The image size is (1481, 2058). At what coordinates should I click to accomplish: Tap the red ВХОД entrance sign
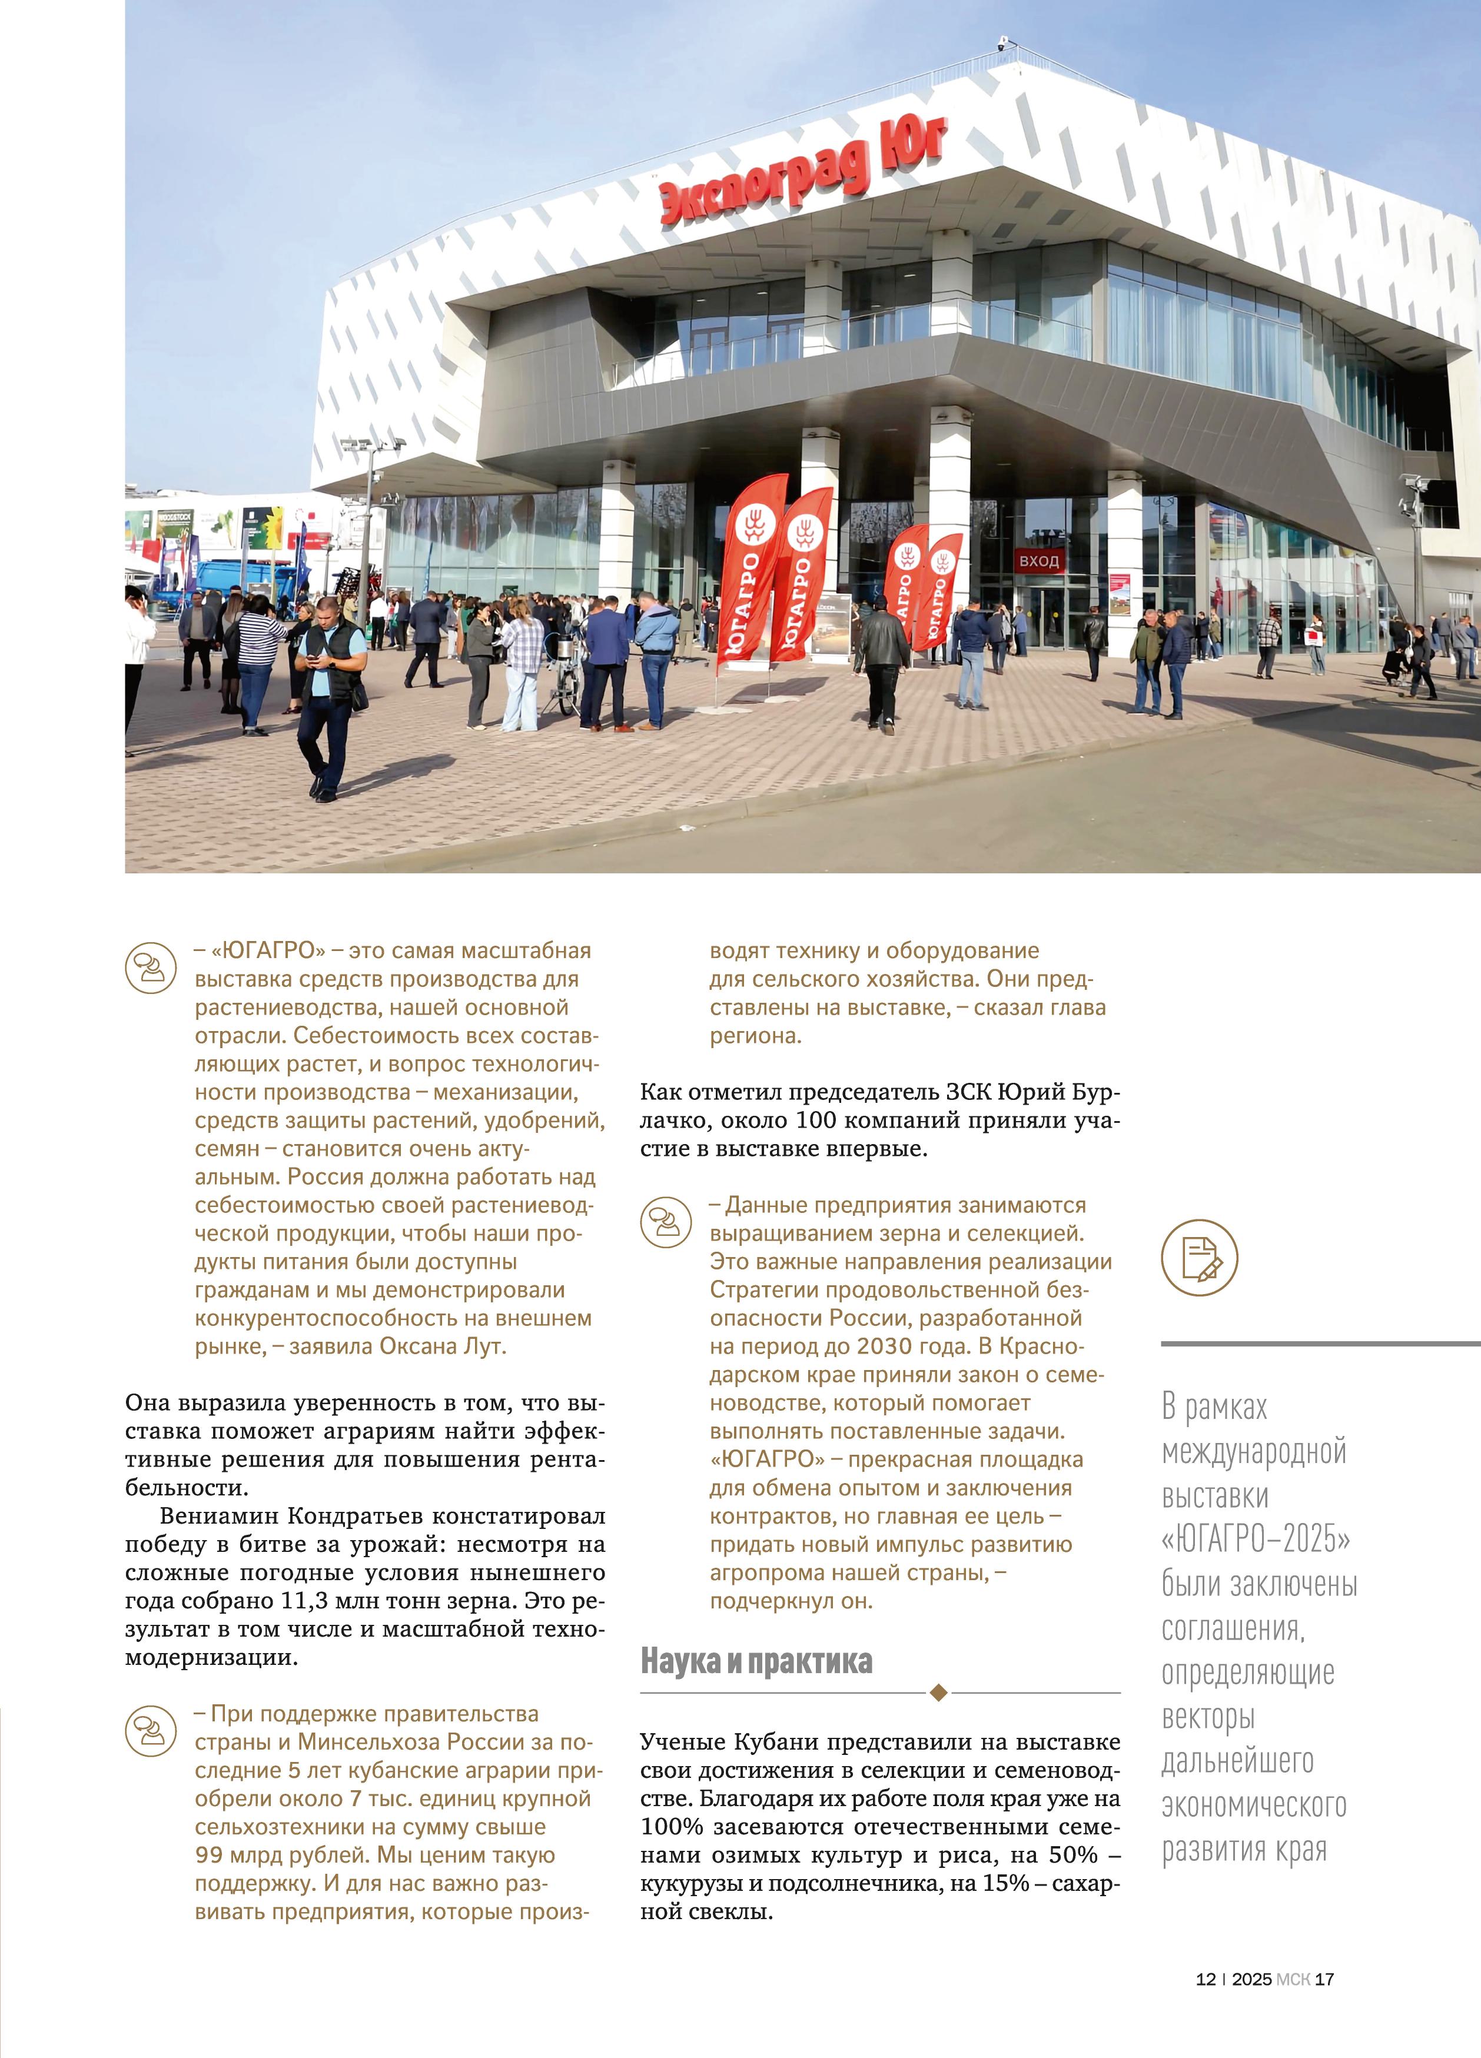1038,561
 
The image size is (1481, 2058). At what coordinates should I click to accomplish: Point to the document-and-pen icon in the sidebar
1199,1258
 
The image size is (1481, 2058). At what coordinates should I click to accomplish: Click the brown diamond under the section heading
939,1693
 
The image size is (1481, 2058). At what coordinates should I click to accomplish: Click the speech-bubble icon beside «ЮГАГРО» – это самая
150,968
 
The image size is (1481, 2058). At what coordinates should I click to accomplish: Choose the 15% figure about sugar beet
1005,1884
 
